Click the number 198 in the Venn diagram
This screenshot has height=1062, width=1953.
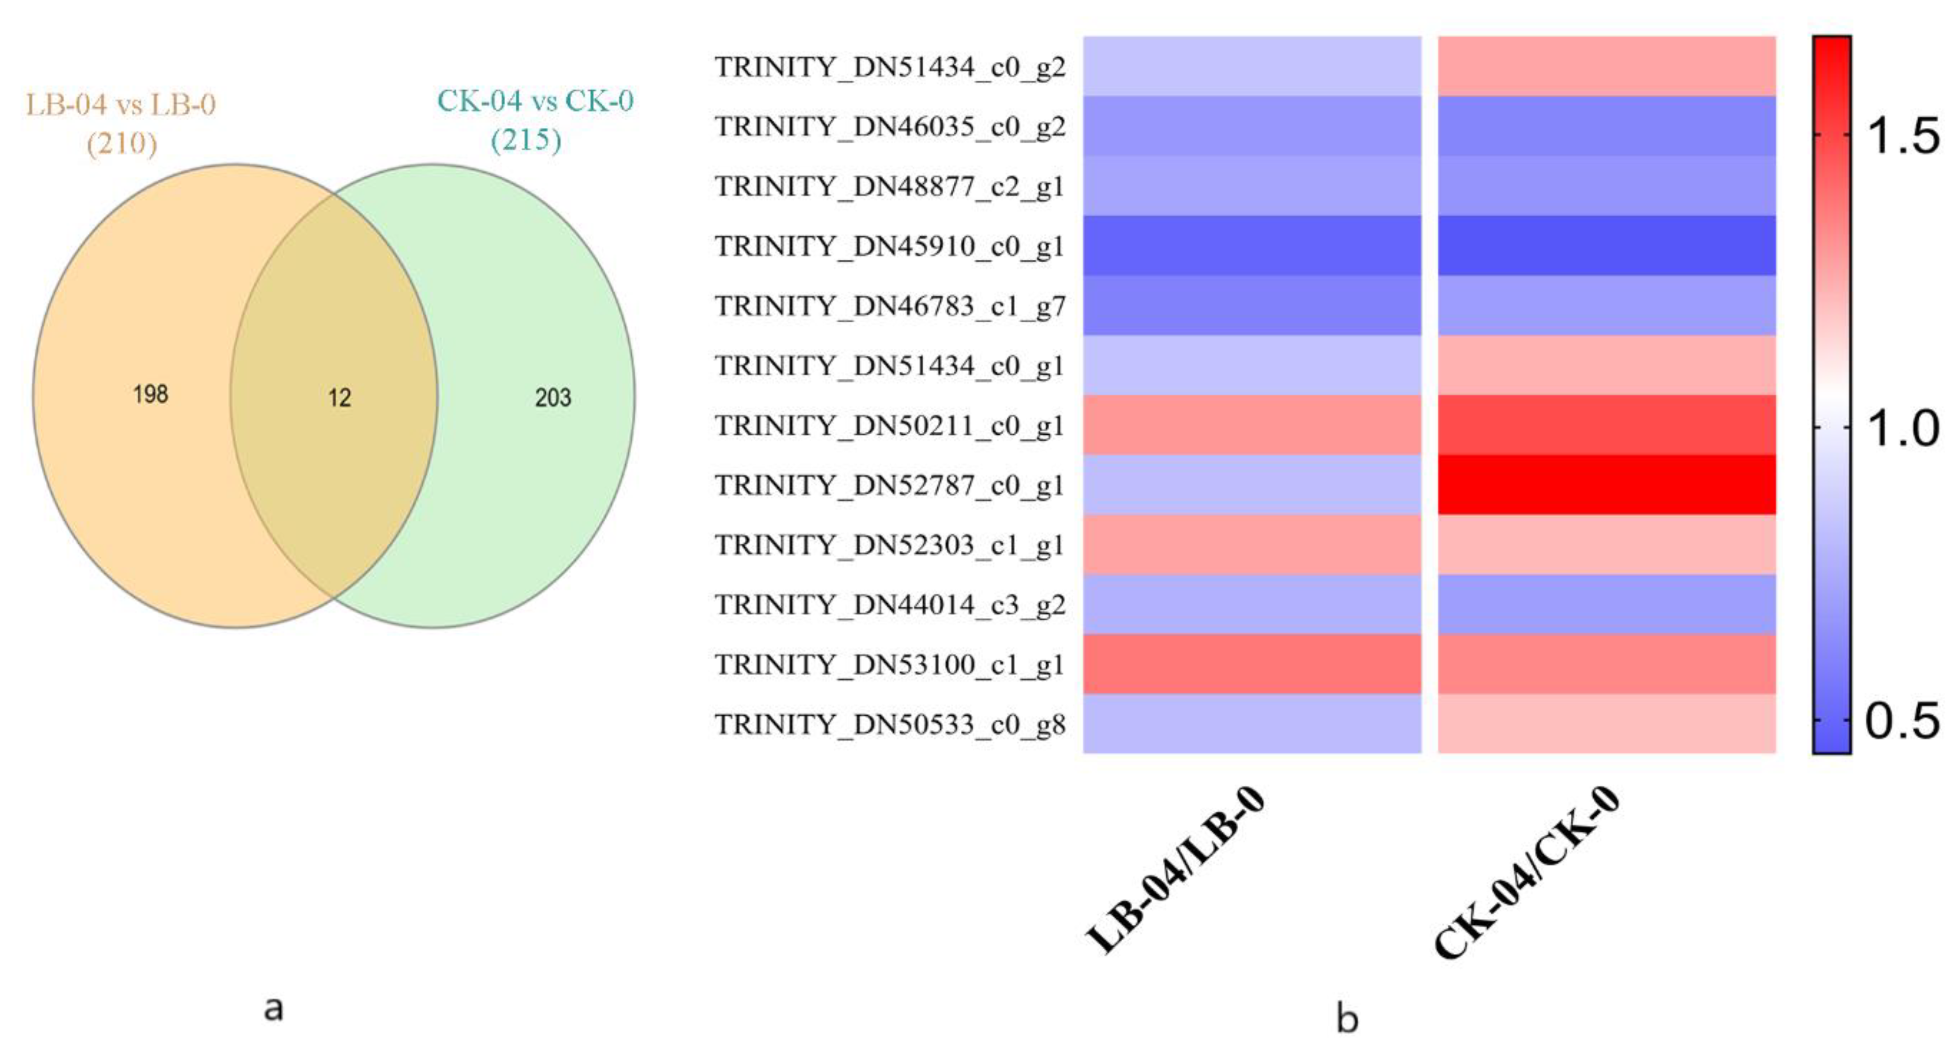click(x=150, y=394)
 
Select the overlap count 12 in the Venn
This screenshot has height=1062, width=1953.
click(x=340, y=398)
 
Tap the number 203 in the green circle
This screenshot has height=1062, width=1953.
click(x=553, y=398)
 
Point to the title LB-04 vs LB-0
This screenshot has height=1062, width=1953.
click(x=121, y=104)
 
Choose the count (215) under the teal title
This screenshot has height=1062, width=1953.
click(x=526, y=140)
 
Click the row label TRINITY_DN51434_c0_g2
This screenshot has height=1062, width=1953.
click(x=890, y=67)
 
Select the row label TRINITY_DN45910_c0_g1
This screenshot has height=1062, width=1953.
click(x=890, y=246)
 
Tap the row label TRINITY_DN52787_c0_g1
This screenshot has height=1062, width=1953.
click(x=890, y=485)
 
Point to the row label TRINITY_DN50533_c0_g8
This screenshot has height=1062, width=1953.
click(x=890, y=725)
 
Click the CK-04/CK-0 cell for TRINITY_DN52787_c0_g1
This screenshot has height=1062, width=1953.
click(x=1606, y=485)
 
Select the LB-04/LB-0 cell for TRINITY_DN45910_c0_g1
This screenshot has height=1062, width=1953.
click(x=1252, y=246)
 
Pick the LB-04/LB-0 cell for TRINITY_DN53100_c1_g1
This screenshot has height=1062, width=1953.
click(x=1252, y=664)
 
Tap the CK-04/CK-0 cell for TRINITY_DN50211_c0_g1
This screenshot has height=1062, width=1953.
click(x=1606, y=425)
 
